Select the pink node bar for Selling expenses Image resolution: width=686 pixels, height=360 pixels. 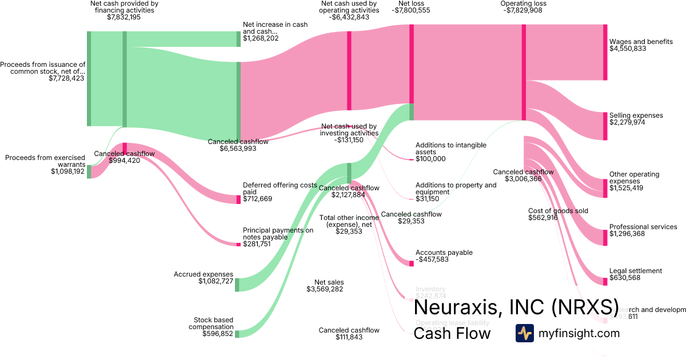click(x=605, y=126)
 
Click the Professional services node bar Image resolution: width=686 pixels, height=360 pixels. click(x=605, y=237)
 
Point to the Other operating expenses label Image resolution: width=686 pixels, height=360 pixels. click(x=634, y=178)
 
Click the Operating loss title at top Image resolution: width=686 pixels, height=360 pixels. click(x=523, y=4)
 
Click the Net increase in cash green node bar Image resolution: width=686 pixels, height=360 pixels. click(x=239, y=39)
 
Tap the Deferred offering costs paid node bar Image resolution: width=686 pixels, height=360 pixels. click(x=239, y=199)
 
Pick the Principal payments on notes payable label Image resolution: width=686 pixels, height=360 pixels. click(x=278, y=234)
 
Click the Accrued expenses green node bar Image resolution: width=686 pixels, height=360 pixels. click(x=237, y=285)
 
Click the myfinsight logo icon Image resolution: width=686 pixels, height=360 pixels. click(x=524, y=333)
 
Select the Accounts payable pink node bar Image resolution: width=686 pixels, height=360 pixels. click(x=411, y=263)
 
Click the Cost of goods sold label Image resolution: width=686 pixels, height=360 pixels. click(x=558, y=211)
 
